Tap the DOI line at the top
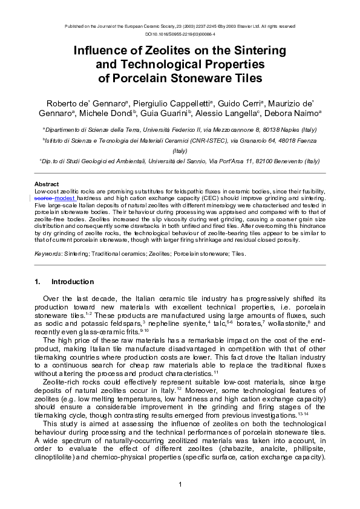pos(180,34)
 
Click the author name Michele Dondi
pos(109,113)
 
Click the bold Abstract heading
pos(46,184)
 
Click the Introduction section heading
pos(72,282)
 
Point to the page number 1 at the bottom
pos(180,485)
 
